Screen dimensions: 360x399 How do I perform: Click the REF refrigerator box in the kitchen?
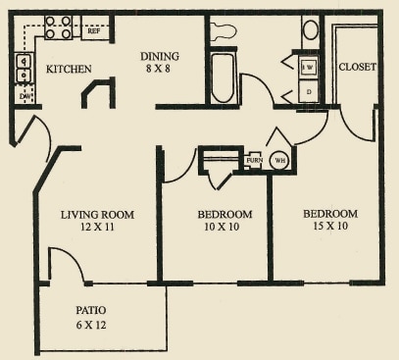coord(94,31)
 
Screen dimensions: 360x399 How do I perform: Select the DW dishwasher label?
coord(24,96)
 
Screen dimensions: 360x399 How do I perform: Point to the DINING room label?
coord(159,56)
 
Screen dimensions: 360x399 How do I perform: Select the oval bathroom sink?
coord(310,28)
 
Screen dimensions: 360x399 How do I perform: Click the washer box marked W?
coord(307,67)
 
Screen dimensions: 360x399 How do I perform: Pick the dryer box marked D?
coord(307,93)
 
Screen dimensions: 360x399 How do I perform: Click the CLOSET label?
coord(357,67)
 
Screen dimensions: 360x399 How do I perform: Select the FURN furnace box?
coord(254,159)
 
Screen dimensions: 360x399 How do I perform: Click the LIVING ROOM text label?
coord(97,214)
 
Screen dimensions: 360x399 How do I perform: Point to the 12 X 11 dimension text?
coord(97,227)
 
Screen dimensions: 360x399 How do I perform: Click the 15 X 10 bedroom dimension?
coord(329,226)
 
